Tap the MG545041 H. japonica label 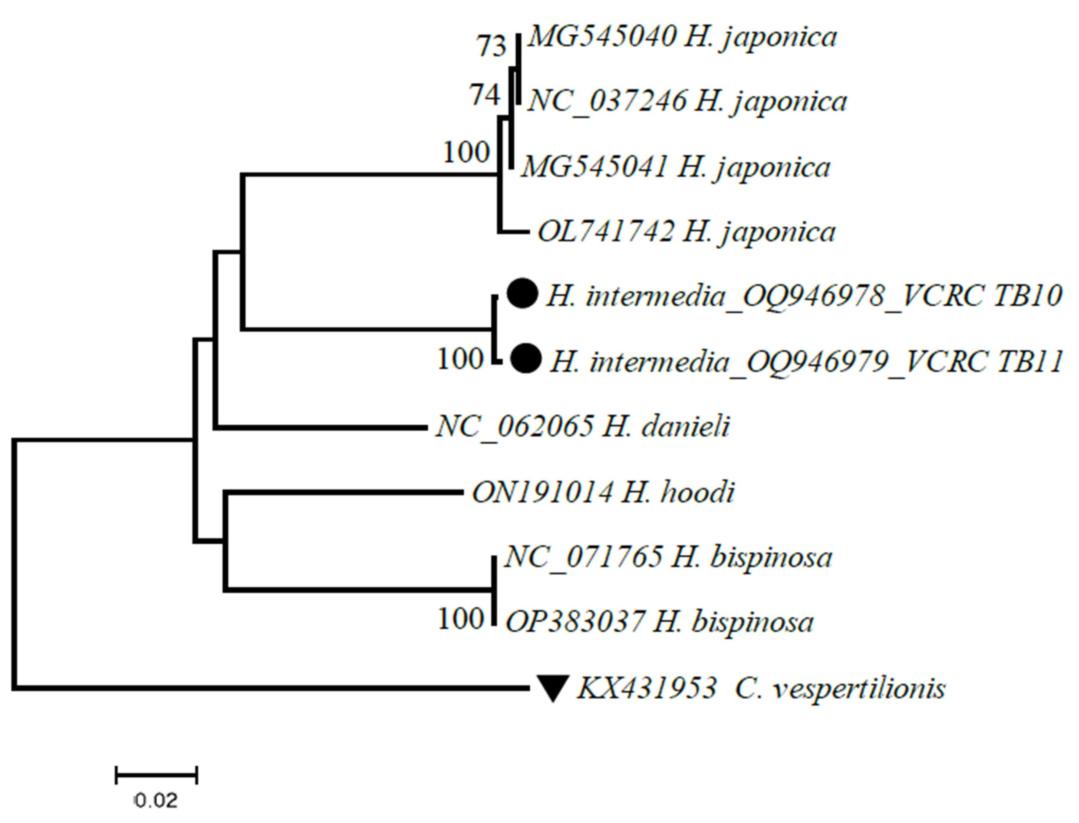[675, 168]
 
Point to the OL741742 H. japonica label [686, 232]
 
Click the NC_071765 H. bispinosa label [668, 557]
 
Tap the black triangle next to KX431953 [552, 687]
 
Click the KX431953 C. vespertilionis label [760, 688]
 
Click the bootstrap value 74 [485, 95]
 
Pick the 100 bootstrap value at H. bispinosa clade [461, 619]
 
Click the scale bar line [156, 776]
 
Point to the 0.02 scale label [156, 801]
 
